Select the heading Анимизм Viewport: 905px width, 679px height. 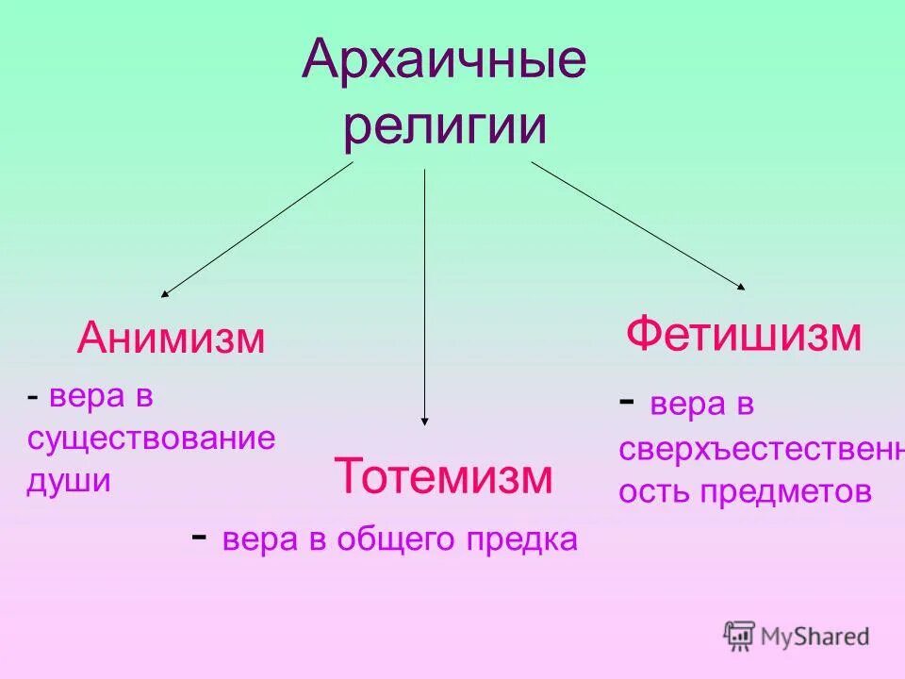click(x=171, y=338)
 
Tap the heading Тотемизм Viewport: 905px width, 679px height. click(x=443, y=476)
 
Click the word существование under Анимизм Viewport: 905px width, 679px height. click(x=151, y=439)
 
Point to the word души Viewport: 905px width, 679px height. click(x=69, y=480)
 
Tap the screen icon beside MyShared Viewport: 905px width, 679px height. click(x=739, y=636)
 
